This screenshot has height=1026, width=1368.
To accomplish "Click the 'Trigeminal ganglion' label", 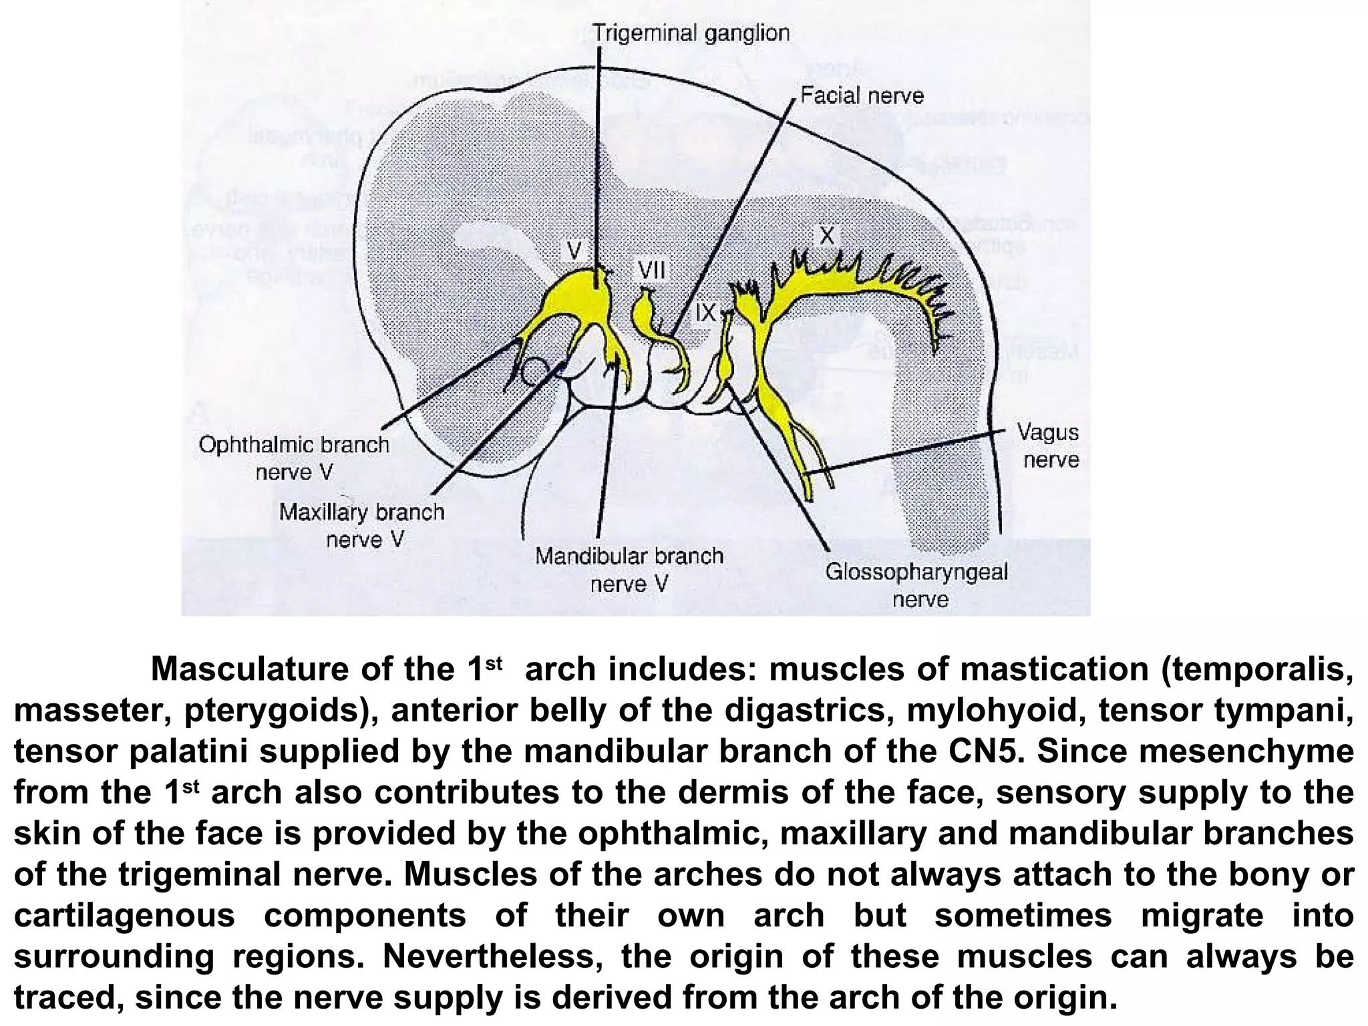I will (x=691, y=33).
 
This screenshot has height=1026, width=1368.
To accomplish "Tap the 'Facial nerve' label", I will (x=862, y=96).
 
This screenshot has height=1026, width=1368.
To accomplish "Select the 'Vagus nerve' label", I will (x=1047, y=446).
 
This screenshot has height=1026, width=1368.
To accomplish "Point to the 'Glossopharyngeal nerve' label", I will (x=916, y=584).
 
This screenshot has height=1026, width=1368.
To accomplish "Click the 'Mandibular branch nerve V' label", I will (x=629, y=570).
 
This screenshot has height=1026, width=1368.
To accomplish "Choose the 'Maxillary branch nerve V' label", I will (x=361, y=525).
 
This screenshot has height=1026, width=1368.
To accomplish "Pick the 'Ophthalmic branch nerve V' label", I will (x=294, y=458).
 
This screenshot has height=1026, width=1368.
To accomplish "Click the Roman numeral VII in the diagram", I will (x=651, y=271).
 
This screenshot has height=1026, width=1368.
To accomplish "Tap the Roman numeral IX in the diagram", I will (x=705, y=312).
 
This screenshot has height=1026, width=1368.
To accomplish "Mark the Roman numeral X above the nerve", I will (x=827, y=235).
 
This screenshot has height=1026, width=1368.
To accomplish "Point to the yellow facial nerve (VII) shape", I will (x=647, y=314).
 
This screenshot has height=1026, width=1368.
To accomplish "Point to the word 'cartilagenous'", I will (x=125, y=916).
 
